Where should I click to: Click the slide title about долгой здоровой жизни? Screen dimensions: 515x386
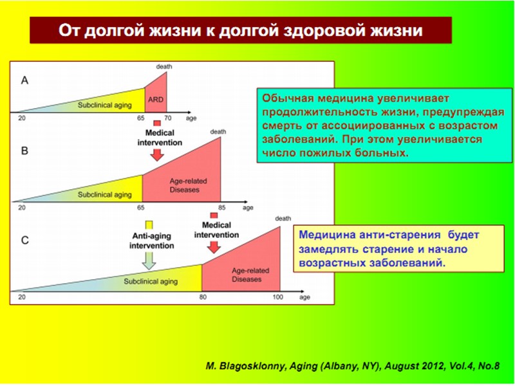[241, 30]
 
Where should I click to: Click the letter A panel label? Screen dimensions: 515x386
[24, 81]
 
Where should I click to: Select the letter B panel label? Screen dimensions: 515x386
[24, 152]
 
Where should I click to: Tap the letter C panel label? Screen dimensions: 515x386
[24, 241]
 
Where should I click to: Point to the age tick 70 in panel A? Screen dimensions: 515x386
[167, 118]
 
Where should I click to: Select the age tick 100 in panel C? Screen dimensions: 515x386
[277, 297]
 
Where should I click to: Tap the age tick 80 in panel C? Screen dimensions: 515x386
[202, 297]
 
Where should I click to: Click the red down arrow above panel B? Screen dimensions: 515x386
[156, 156]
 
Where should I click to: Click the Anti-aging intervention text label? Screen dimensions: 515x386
[149, 240]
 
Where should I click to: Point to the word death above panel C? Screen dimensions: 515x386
[283, 219]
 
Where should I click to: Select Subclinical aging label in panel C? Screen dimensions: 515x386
[151, 281]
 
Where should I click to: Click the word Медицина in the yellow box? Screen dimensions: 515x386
[326, 236]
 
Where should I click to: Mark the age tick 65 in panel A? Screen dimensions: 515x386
[144, 118]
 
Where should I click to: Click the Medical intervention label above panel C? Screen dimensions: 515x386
[216, 230]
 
